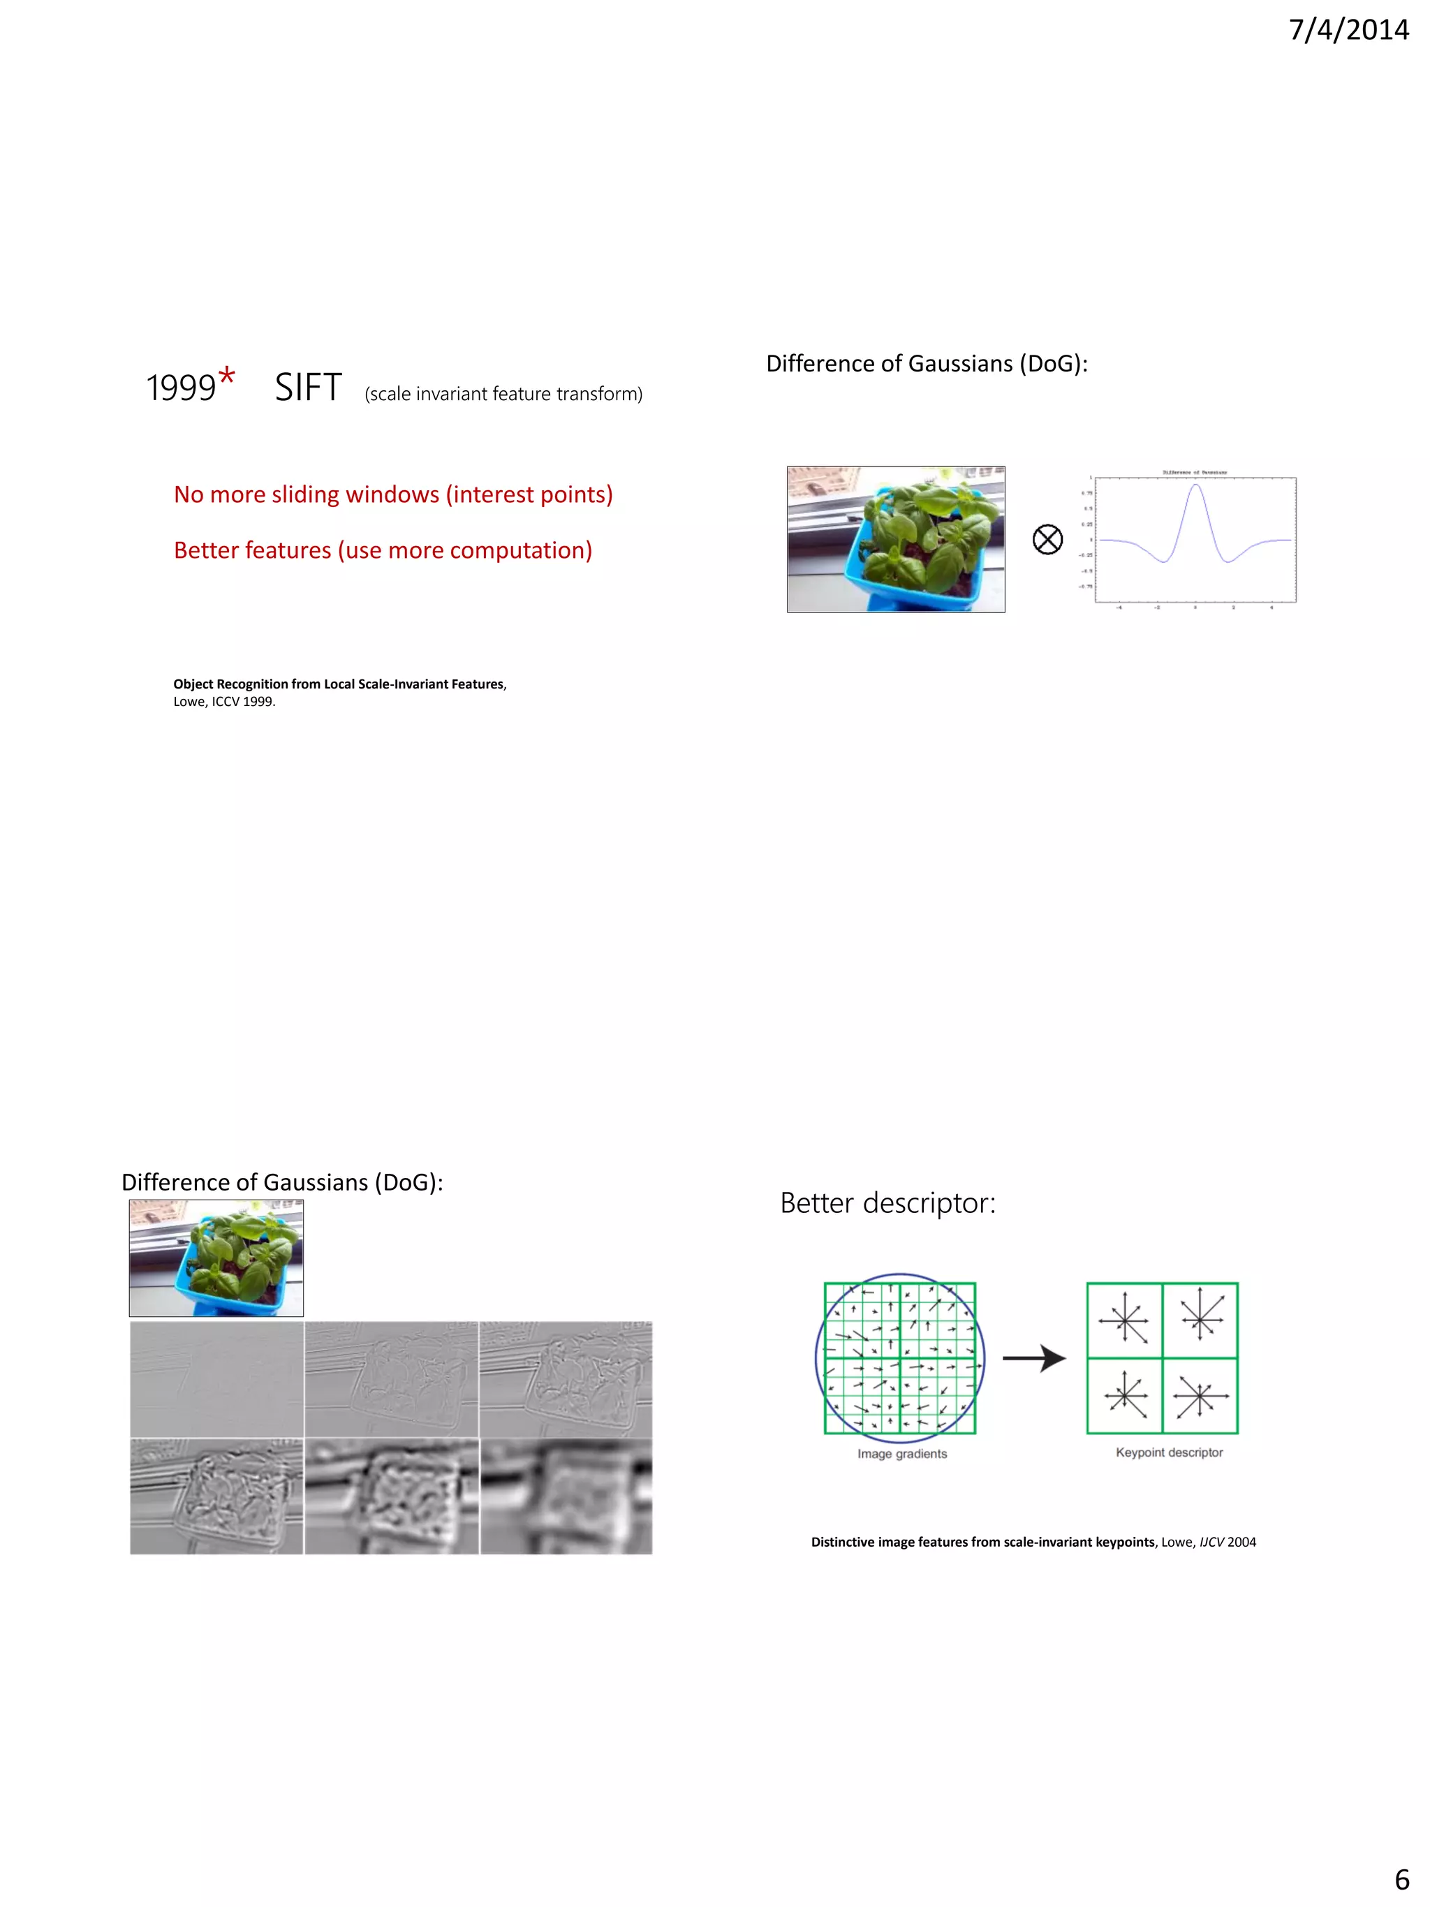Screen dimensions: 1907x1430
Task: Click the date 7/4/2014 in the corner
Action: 1348,30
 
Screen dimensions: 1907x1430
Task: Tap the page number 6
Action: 1401,1878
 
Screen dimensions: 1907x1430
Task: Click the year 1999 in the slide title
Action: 180,388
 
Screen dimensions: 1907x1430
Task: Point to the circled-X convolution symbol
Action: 1047,540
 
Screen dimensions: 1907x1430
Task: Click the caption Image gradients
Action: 901,1454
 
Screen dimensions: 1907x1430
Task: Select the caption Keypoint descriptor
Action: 1169,1452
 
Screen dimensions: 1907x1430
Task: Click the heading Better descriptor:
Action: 887,1202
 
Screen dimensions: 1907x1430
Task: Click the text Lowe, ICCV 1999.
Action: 224,702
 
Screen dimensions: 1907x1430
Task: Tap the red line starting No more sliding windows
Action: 393,495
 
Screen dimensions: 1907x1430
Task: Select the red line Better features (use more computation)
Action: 383,551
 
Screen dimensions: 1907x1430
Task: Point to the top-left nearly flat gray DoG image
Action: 216,1378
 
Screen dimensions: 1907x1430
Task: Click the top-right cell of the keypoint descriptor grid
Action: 1200,1320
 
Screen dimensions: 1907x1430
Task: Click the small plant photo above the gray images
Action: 216,1258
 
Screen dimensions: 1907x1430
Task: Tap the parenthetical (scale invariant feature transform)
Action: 503,394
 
